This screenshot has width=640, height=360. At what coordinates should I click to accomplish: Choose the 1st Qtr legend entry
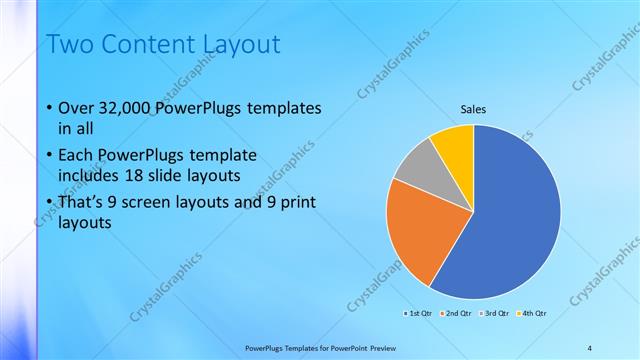coord(421,313)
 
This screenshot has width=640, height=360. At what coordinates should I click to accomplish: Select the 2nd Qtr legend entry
coord(459,313)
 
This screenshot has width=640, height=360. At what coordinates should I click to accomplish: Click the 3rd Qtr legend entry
coord(497,313)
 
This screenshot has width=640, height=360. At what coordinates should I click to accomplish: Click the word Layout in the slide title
coord(240,44)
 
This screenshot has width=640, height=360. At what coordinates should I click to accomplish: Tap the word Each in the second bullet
coord(78,156)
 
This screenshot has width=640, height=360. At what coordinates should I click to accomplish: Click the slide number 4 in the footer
coord(590,347)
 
